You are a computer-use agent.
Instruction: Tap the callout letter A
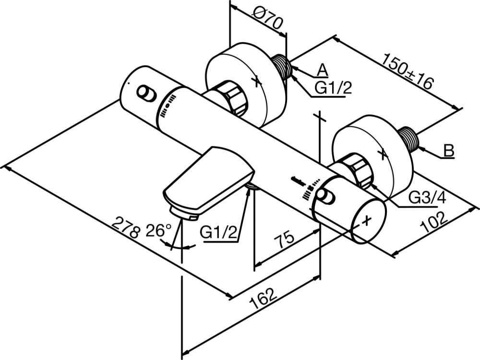[322, 70]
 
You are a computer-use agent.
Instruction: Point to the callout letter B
[449, 151]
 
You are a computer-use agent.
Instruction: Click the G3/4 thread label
[427, 198]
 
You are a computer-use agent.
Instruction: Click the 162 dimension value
[264, 299]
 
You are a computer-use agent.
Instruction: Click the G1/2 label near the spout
[218, 233]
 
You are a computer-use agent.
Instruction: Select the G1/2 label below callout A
[334, 88]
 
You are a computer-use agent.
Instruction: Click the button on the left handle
[146, 94]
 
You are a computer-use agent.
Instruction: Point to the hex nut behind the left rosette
[232, 98]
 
